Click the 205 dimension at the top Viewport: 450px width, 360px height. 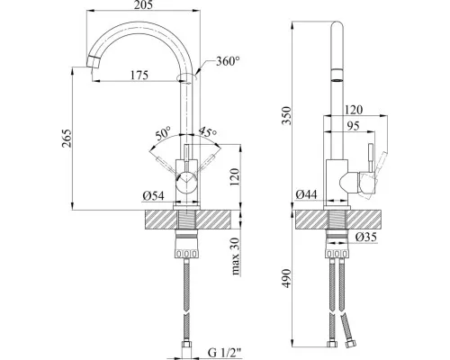pos(143,4)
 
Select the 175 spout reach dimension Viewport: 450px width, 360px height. pos(139,75)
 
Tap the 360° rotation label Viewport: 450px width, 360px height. pos(228,61)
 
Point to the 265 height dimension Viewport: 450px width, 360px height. pos(67,138)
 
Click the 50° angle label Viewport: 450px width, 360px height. pos(164,133)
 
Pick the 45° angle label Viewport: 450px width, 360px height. pos(207,132)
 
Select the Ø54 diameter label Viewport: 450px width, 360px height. pos(153,196)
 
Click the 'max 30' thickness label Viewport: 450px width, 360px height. pos(236,256)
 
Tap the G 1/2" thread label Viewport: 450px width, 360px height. pos(225,353)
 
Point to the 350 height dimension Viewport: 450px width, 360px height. pos(286,116)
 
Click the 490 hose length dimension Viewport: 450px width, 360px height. pos(286,278)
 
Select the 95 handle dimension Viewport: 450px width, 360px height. pos(353,126)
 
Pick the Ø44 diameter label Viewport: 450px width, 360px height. pos(306,194)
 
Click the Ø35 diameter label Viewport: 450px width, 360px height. pos(366,238)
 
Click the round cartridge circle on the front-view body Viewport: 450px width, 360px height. pos(186,183)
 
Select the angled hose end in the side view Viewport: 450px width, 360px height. pos(347,330)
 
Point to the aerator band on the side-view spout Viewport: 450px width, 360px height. pos(337,76)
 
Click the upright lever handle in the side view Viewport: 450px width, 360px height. pos(371,158)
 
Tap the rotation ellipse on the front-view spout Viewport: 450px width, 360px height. pos(187,77)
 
